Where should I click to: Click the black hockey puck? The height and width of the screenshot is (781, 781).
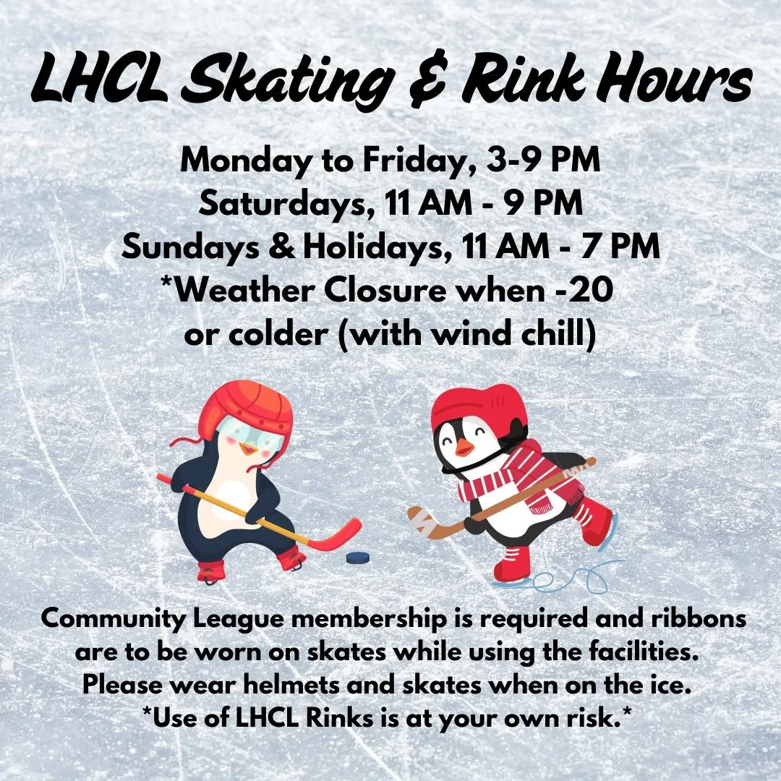click(357, 558)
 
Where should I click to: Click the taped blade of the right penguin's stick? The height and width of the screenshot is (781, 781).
click(427, 520)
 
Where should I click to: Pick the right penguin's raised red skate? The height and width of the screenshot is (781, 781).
click(594, 521)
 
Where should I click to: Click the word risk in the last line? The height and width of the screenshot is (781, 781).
click(592, 717)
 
